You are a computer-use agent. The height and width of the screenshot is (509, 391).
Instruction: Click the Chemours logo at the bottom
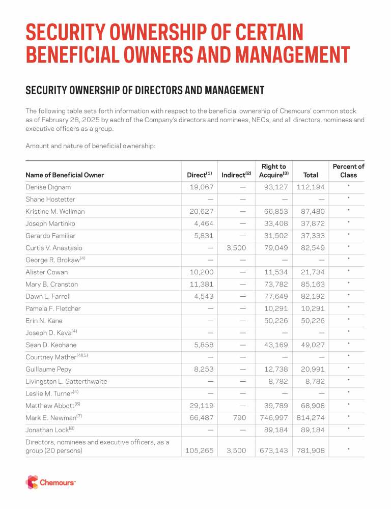point(50,482)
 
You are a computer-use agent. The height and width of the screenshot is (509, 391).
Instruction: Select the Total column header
point(311,175)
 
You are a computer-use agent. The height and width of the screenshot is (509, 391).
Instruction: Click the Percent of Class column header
point(349,171)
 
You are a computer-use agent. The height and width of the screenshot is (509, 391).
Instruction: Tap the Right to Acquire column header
point(273,171)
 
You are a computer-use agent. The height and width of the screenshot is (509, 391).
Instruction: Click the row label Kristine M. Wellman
point(55,211)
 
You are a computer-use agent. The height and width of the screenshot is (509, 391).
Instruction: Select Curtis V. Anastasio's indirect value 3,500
point(236,248)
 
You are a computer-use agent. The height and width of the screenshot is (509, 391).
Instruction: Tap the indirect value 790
point(239,418)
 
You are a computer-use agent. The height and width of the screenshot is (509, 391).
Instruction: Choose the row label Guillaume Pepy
point(48,369)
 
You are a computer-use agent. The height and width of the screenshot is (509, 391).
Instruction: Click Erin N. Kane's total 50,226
point(309,321)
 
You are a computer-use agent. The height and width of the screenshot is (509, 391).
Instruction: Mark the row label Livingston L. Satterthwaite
point(66,381)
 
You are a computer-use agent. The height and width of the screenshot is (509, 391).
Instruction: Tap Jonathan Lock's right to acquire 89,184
point(273,430)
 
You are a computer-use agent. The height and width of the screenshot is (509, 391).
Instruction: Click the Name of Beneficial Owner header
point(65,175)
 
